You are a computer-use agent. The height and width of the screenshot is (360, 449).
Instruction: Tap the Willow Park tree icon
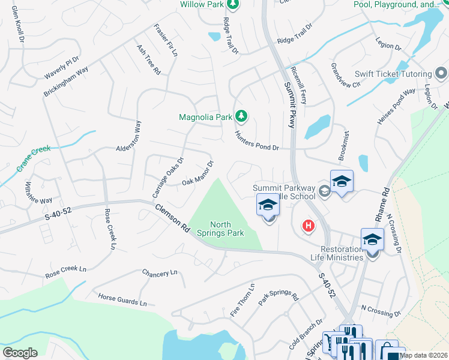(233, 4)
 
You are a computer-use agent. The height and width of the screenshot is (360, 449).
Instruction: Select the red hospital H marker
(308, 226)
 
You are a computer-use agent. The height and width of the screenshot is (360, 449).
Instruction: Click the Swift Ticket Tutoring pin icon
(441, 74)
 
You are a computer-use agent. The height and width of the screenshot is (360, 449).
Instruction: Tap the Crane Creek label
(33, 159)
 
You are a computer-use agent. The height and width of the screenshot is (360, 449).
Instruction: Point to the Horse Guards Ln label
(122, 300)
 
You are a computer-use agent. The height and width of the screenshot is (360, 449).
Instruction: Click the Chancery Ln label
(160, 273)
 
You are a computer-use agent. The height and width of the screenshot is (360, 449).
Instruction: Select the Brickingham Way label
(66, 82)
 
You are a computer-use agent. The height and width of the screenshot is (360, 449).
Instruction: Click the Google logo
(20, 352)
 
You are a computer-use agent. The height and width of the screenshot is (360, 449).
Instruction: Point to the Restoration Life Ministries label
(334, 253)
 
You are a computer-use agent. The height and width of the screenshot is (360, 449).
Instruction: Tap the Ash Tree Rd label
(149, 59)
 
